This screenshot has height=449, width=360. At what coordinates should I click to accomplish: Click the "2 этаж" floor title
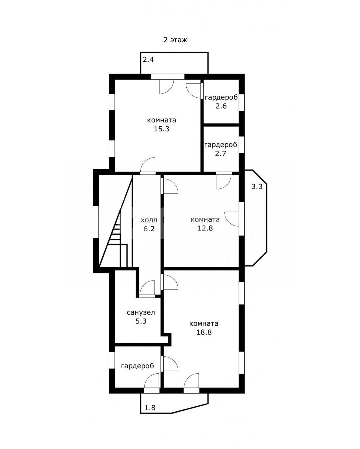tap(175, 40)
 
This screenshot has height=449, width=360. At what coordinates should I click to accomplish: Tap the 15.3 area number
tap(162, 129)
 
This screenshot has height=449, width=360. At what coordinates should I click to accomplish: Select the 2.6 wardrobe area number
tap(221, 106)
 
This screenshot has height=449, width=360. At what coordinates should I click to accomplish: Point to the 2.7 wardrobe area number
tap(221, 153)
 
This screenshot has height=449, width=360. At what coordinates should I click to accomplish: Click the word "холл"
tap(149, 220)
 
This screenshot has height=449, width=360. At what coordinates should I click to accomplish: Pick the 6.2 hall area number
tap(149, 229)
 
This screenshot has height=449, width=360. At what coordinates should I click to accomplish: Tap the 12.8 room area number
tap(205, 228)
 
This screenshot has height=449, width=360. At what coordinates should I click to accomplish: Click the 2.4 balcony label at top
tap(148, 60)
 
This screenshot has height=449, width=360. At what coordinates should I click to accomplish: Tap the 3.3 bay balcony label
tap(257, 186)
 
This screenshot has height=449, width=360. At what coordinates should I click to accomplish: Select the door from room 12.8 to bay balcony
tap(232, 219)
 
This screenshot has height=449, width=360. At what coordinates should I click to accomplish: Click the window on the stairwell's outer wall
tap(96, 222)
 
